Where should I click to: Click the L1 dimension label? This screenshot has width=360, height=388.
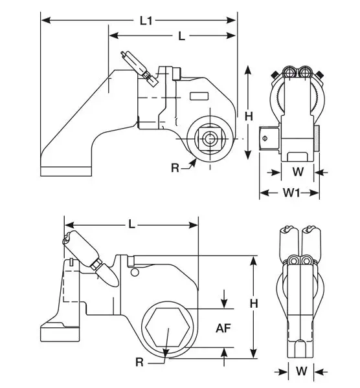pyautogui.click(x=146, y=21)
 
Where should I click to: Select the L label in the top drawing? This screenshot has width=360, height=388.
pyautogui.click(x=181, y=36)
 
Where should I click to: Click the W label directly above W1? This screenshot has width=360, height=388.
pyautogui.click(x=297, y=172)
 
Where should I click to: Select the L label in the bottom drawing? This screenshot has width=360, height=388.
pyautogui.click(x=132, y=224)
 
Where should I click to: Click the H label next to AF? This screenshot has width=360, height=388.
pyautogui.click(x=254, y=303)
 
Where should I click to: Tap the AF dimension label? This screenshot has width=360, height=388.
pyautogui.click(x=224, y=328)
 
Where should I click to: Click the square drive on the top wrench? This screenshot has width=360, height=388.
pyautogui.click(x=210, y=138)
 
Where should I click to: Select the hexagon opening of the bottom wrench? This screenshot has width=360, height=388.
pyautogui.click(x=168, y=327)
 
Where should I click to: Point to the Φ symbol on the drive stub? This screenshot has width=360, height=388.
pyautogui.click(x=264, y=136)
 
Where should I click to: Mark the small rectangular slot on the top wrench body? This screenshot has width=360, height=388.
pyautogui.click(x=200, y=97)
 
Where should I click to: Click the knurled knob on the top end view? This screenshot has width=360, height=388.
pyautogui.click(x=319, y=136)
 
